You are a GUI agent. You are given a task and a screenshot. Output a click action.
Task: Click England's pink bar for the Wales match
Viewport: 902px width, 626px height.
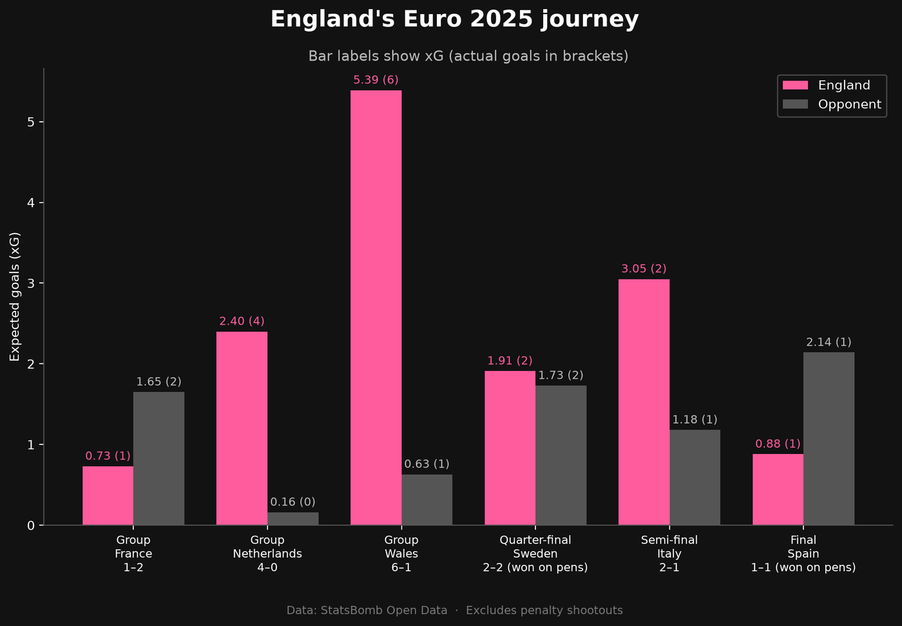point(376,308)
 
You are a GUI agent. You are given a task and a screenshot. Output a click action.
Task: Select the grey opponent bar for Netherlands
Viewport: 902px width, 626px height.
point(293,518)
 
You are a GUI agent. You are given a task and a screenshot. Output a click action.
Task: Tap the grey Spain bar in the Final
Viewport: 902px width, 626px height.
point(829,439)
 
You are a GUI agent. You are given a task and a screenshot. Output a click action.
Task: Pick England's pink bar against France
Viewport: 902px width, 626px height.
point(108,495)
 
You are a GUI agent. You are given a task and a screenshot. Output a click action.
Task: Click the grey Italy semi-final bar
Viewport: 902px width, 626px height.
point(695,477)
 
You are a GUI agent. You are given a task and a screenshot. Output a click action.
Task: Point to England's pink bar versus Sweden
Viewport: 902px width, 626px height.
point(510,448)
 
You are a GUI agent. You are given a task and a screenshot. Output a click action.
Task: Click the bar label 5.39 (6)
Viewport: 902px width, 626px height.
point(376,80)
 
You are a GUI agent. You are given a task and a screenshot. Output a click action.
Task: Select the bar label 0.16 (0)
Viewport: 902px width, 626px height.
point(293,502)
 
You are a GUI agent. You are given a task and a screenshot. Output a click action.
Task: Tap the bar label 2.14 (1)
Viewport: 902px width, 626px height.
point(829,342)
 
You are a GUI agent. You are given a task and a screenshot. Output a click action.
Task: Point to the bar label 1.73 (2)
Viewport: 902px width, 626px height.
point(561,375)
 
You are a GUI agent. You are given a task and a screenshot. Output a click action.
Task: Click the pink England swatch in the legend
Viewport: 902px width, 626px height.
point(795,85)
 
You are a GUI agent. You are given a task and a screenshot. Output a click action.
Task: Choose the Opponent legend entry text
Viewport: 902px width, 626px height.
point(850,104)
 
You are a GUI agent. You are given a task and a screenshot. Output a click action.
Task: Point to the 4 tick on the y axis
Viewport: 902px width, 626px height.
point(31,202)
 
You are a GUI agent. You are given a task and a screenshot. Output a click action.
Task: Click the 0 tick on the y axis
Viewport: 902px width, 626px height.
point(31,526)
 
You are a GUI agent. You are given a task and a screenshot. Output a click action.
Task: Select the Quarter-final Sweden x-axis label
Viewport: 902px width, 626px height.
point(535,553)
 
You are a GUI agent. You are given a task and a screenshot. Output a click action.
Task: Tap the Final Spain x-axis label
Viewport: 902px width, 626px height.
point(803,553)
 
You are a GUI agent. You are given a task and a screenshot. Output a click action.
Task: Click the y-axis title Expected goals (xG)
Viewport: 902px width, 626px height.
point(14,297)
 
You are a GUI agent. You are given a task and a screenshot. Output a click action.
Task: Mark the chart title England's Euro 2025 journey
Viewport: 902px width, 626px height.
point(455,19)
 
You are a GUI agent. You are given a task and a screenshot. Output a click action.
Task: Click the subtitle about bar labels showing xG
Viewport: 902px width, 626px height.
point(468,56)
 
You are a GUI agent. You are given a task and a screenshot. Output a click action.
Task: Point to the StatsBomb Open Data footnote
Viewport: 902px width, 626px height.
point(455,611)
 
